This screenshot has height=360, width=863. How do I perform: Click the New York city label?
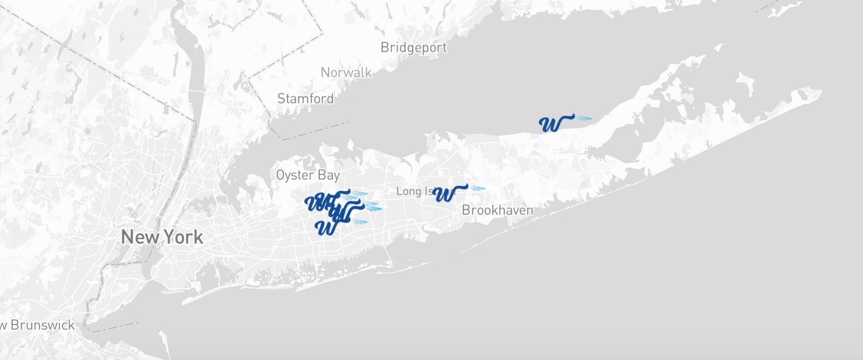click(x=162, y=237)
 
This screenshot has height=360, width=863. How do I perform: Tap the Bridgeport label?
click(x=413, y=48)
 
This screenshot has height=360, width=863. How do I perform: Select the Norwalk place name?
click(x=346, y=73)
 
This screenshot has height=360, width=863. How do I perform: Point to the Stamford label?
click(x=306, y=99)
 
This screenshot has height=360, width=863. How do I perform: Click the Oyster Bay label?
click(x=308, y=175)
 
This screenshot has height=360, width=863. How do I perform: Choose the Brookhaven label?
click(x=497, y=210)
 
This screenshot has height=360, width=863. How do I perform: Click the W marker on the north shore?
click(x=551, y=124)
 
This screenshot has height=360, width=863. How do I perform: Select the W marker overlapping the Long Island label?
click(x=445, y=194)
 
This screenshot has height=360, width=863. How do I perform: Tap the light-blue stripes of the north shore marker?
click(x=584, y=118)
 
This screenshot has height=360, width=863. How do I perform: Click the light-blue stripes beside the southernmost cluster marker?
click(x=360, y=221)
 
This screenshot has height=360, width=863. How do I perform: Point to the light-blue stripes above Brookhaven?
click(x=478, y=188)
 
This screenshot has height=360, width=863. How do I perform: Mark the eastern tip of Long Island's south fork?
click(x=820, y=92)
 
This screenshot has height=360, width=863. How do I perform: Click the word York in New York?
click(x=183, y=237)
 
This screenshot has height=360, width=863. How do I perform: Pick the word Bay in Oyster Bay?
click(x=329, y=175)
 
